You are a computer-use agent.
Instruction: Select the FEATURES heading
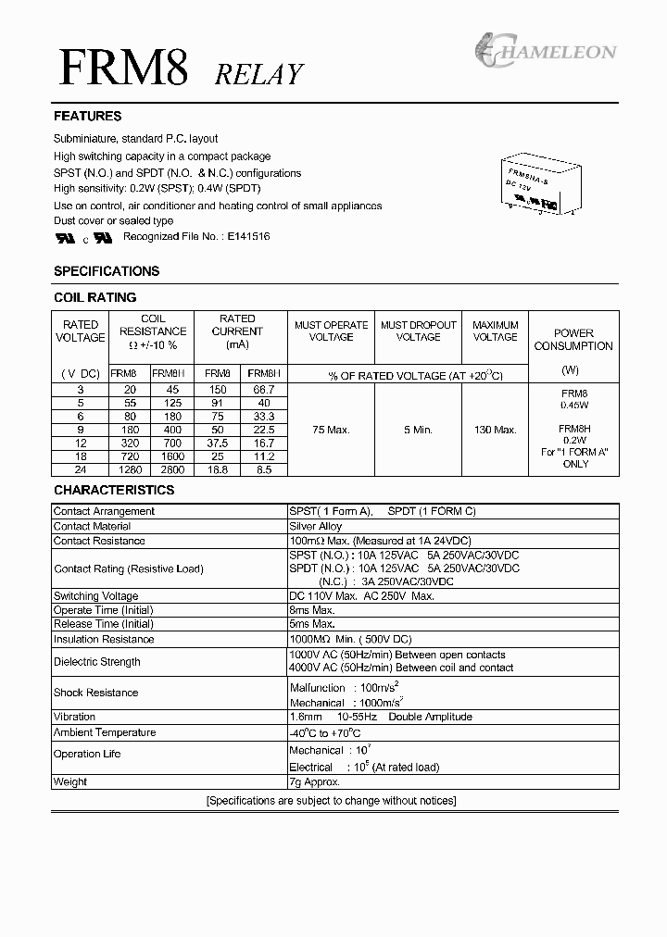pos(88,117)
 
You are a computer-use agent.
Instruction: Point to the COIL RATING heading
pos(95,297)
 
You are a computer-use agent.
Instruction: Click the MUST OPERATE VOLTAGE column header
pos(331,331)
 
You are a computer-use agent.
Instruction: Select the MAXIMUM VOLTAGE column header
pos(495,331)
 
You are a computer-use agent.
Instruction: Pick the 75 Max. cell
pos(331,430)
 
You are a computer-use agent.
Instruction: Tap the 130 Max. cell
pos(495,430)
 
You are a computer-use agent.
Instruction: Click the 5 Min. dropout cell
pos(418,430)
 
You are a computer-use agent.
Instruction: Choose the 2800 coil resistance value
pos(173,469)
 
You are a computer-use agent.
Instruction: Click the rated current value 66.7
pos(263,391)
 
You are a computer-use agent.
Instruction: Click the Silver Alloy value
pos(316,526)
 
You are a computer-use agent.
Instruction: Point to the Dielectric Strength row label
pos(97,662)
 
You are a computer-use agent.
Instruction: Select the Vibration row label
pos(75,717)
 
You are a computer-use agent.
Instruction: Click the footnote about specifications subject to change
pos(332,801)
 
